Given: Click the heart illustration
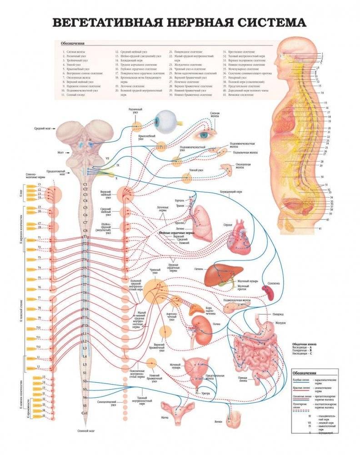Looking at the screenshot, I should (239, 239).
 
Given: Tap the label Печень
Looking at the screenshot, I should (199, 268).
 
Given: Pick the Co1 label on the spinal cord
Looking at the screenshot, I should (85, 412).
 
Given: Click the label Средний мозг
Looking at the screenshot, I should (42, 129).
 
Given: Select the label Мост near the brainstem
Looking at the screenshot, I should (47, 153).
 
